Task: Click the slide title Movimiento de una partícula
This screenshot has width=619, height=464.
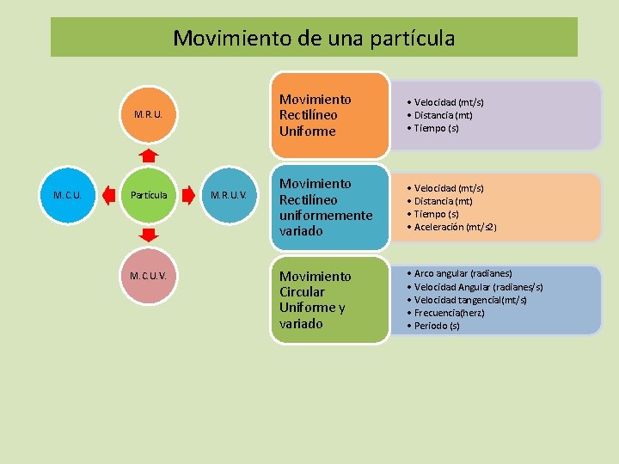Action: [314, 39]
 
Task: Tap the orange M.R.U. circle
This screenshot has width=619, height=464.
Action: [149, 113]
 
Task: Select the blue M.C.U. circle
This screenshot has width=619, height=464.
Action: [67, 195]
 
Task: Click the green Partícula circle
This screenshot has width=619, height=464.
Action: [149, 195]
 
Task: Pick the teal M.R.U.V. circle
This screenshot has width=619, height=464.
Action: [229, 195]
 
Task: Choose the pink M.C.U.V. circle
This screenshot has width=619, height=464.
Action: [149, 277]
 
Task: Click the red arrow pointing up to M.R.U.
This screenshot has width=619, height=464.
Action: [149, 155]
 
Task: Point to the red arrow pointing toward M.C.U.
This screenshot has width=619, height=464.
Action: [107, 195]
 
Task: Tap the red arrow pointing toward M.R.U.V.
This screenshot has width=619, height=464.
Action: [188, 195]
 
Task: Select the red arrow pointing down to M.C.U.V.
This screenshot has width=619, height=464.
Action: [149, 235]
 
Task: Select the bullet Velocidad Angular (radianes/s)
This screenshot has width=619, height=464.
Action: [478, 287]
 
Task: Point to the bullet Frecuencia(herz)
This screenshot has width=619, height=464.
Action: [449, 313]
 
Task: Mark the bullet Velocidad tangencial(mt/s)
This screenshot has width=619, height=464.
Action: [470, 300]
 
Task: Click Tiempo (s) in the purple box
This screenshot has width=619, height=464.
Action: [436, 128]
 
